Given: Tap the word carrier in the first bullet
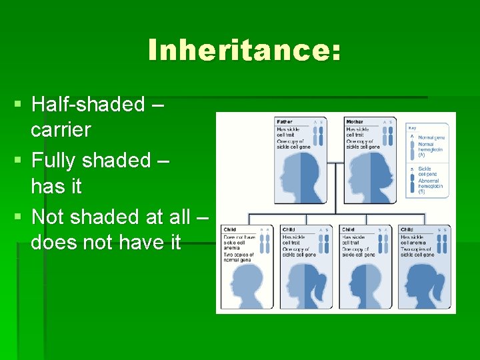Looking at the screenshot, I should pos(61,130).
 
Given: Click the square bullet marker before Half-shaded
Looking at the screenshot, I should pos(19,105).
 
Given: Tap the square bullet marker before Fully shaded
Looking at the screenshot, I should pos(19,161).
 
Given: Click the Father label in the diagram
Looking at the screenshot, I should pos(285,122).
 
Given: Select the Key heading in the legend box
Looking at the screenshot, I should pos(413,127).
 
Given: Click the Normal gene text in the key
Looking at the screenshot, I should pos(431,138).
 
